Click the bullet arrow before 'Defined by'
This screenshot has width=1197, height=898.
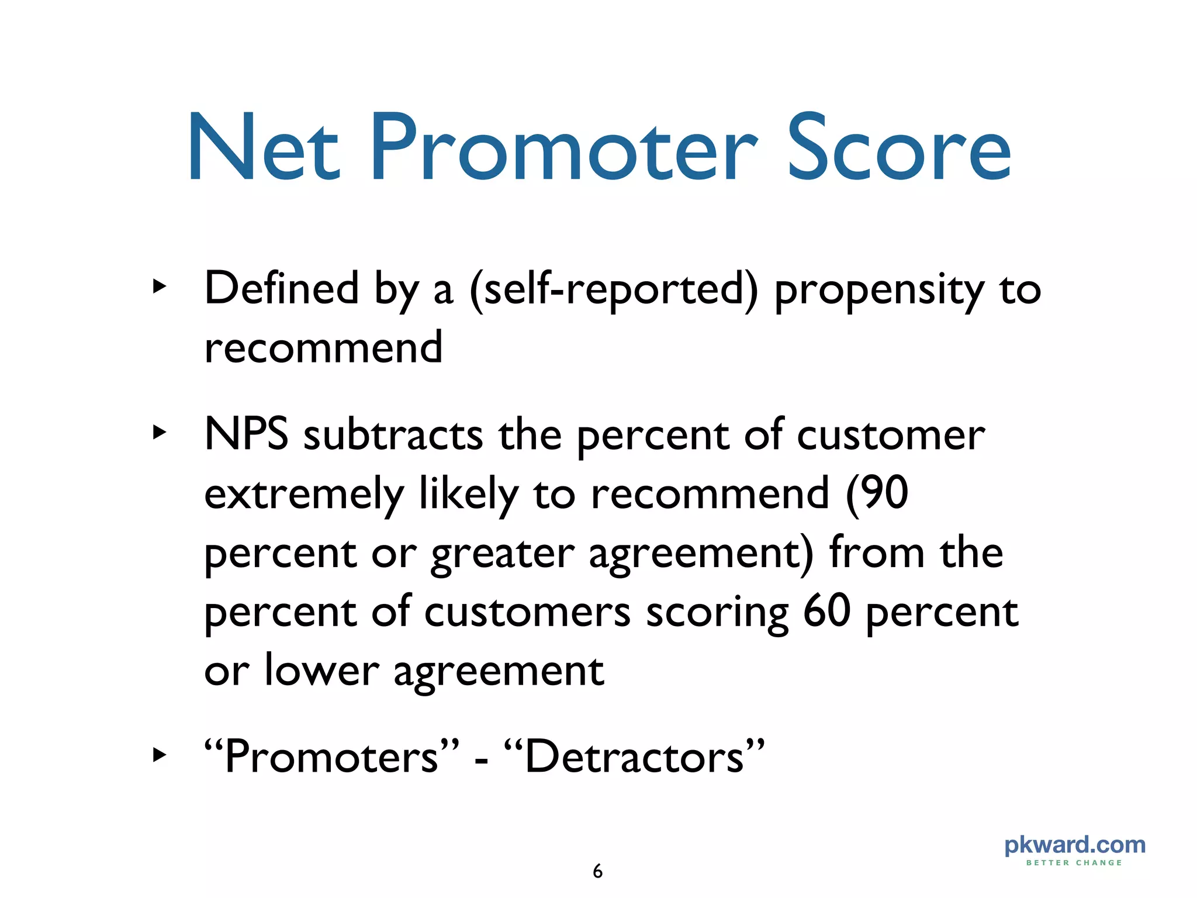tap(159, 286)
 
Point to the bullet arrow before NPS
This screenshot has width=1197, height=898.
tap(159, 433)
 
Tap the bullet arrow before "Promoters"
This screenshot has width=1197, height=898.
tap(159, 755)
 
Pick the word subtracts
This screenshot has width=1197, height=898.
tap(393, 436)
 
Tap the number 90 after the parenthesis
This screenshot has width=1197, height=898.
tap(884, 493)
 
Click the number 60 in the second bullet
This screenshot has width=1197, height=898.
tap(826, 611)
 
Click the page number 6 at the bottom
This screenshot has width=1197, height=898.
tap(597, 871)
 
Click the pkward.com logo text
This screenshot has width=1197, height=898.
tap(1075, 845)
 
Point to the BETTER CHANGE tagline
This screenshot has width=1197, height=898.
tap(1074, 862)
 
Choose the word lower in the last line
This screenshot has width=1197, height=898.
tap(321, 670)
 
